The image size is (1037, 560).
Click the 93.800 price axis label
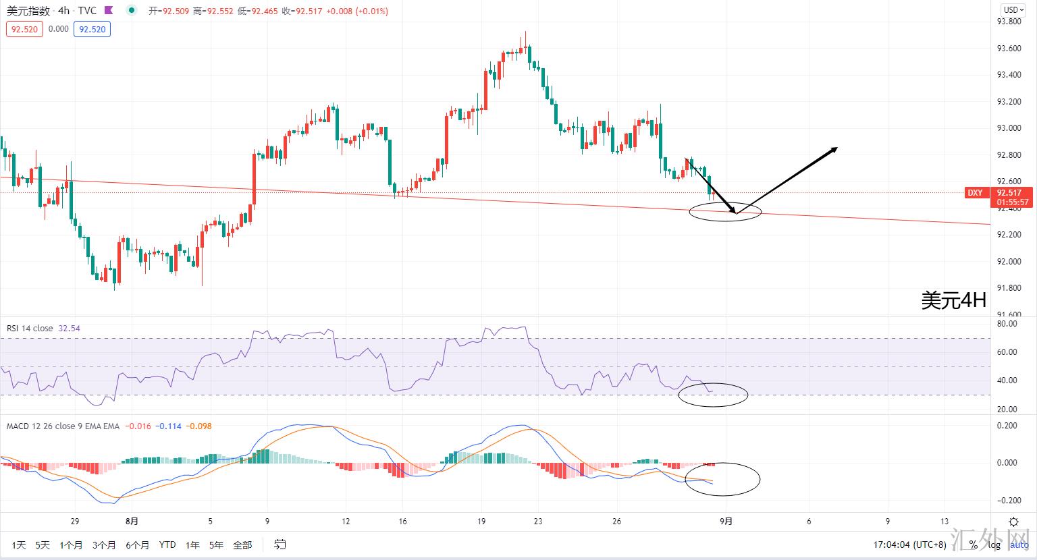point(1009,22)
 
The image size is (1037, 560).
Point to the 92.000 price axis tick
point(1009,261)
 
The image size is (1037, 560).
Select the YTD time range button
point(167,544)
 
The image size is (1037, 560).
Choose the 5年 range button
point(216,544)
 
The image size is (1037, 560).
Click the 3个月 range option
point(104,544)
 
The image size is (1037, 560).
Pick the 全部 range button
point(242,544)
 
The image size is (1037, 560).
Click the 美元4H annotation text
point(953,300)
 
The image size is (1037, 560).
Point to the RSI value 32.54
point(69,329)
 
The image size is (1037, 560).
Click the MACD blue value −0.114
point(168,426)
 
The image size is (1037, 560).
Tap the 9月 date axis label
point(726,521)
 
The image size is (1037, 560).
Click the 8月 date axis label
point(132,521)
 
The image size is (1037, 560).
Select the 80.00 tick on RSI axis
point(1007,324)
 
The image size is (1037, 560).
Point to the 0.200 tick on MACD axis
point(1007,426)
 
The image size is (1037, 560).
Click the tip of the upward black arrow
point(837,148)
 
